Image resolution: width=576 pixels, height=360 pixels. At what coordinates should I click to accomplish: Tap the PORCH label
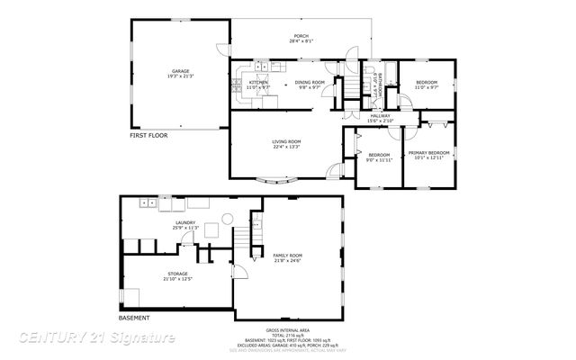click(x=301, y=36)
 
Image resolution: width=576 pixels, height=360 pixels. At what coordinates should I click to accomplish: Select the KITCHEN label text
click(x=258, y=82)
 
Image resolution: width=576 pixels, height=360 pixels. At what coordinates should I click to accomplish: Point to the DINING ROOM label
click(x=310, y=82)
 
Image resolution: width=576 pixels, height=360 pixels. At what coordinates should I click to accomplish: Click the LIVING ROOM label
click(x=287, y=141)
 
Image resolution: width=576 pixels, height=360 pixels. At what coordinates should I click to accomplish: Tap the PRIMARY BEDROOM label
click(x=428, y=153)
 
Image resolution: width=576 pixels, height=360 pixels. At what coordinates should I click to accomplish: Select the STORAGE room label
click(x=177, y=274)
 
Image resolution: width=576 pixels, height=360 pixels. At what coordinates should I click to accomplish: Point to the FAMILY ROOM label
click(x=288, y=256)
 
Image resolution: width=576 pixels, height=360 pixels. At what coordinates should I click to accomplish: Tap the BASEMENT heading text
click(x=135, y=318)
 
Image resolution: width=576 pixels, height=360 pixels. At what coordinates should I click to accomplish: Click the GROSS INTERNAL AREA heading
click(x=288, y=330)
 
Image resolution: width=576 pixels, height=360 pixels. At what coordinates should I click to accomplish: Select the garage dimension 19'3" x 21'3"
click(x=181, y=76)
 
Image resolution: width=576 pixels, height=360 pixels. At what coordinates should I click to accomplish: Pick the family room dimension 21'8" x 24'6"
click(x=288, y=262)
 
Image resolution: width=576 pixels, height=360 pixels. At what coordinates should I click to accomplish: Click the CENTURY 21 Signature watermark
click(x=97, y=337)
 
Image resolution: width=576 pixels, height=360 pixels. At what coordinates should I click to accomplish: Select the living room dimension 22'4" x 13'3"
click(x=287, y=147)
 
